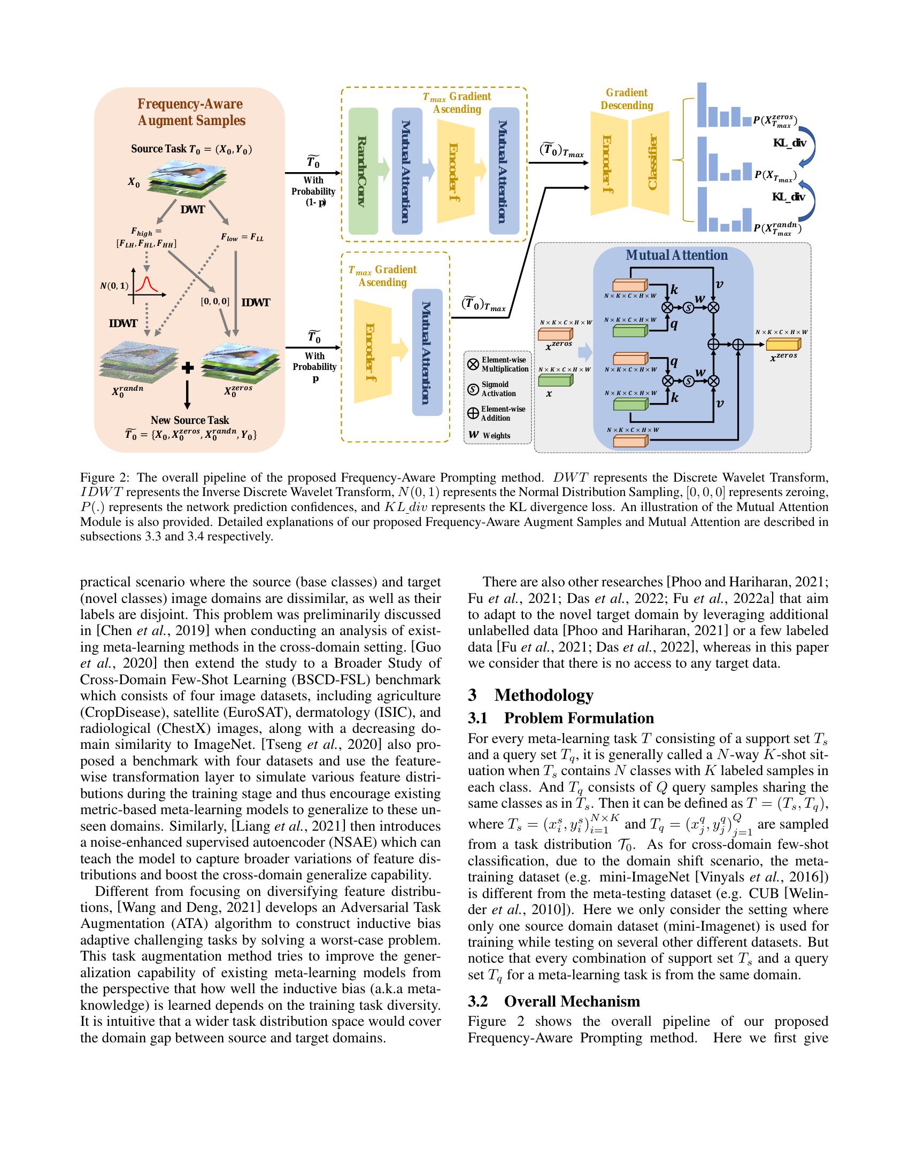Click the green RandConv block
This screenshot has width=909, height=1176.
click(364, 171)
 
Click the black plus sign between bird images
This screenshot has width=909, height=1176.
click(187, 368)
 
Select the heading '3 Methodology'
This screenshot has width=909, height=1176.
click(531, 694)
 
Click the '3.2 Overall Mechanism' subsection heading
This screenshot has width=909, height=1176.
click(554, 1001)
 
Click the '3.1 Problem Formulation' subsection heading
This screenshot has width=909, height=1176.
click(561, 718)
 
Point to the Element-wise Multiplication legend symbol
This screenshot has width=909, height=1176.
click(473, 365)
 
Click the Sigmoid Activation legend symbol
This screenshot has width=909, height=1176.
click(473, 389)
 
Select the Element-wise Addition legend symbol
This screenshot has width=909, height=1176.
click(473, 413)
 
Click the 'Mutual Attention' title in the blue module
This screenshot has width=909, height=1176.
click(676, 255)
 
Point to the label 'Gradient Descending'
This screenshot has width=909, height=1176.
click(626, 99)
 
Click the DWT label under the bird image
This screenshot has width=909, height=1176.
click(192, 210)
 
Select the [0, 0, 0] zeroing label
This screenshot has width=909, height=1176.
click(215, 301)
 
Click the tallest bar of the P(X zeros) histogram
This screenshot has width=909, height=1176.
click(701, 104)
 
